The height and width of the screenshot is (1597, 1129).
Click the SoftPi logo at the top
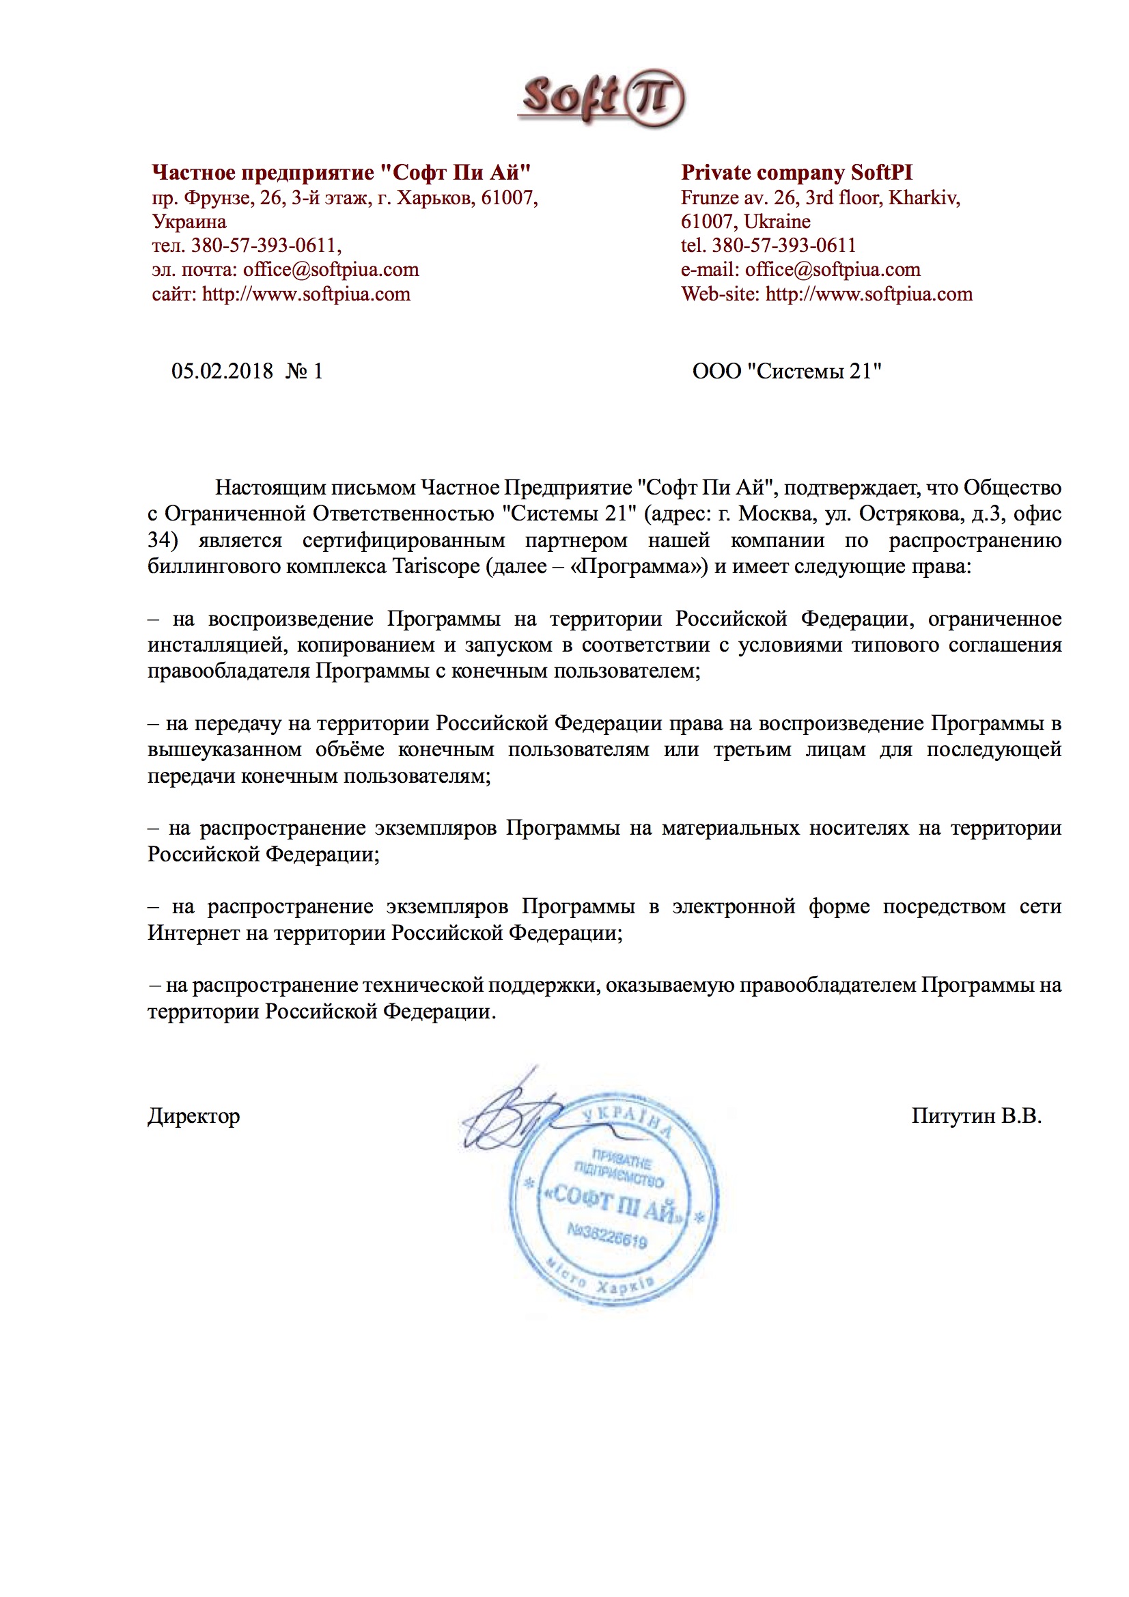click(601, 98)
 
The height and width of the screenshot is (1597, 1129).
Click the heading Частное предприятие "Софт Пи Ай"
click(341, 173)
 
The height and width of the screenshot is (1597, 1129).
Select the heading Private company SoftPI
click(796, 173)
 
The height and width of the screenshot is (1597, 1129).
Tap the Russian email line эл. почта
click(285, 270)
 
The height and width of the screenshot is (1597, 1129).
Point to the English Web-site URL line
click(826, 294)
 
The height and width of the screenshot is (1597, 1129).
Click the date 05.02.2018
click(222, 372)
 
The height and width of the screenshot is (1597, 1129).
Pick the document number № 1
click(305, 372)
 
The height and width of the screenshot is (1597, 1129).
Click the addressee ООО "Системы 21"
click(787, 372)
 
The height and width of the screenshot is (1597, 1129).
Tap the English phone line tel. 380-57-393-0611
click(768, 245)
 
